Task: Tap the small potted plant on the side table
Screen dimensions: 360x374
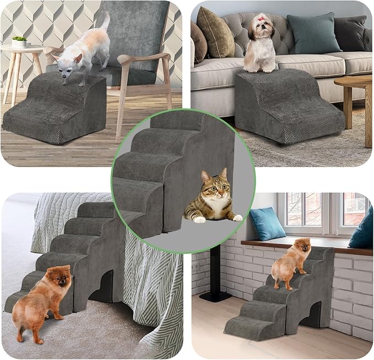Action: click(19, 41)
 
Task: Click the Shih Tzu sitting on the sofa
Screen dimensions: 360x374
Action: click(259, 47)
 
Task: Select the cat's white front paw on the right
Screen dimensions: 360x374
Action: click(236, 217)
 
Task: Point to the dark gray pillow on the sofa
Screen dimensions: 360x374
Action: click(349, 33)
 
